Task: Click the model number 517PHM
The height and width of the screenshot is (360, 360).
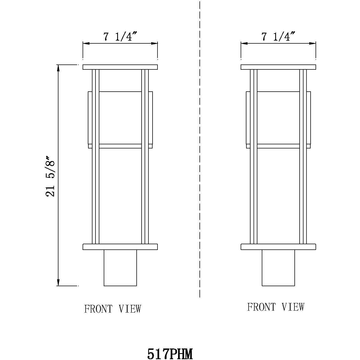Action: tap(170, 354)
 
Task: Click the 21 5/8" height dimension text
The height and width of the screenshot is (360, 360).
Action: tap(51, 176)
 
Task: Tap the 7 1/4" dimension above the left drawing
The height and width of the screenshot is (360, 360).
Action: tap(120, 36)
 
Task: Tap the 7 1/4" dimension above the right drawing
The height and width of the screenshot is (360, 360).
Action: tap(278, 36)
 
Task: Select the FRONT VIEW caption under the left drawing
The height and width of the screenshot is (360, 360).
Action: tap(113, 309)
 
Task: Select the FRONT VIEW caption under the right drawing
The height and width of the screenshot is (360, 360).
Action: tap(276, 307)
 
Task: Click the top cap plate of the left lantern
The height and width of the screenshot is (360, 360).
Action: tap(120, 67)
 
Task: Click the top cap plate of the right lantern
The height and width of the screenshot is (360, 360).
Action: tap(278, 67)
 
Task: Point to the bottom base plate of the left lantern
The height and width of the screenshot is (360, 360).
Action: tap(120, 247)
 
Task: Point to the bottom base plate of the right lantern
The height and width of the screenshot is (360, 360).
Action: tap(278, 247)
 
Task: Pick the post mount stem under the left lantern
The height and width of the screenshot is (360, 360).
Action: tap(120, 268)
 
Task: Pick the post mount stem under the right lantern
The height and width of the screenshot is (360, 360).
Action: tap(278, 268)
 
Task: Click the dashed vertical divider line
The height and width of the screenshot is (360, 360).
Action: tap(200, 165)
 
